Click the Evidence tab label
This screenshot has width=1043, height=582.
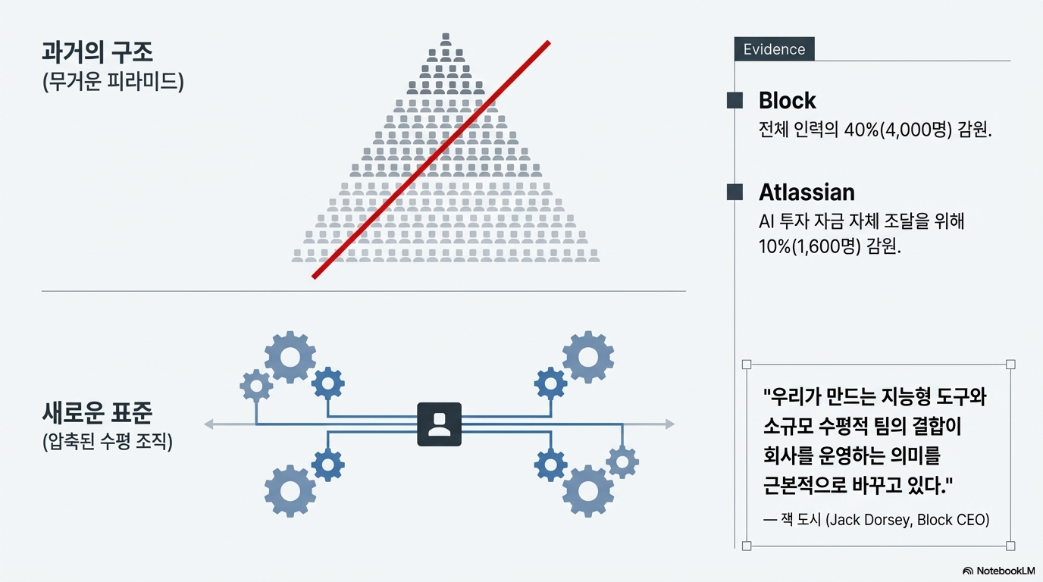774,49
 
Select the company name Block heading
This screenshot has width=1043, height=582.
788,101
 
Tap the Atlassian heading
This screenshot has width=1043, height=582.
807,192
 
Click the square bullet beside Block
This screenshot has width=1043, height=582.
734,100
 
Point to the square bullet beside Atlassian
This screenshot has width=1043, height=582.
734,192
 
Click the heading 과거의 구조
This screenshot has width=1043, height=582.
98,53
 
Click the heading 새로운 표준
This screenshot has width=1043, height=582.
98,414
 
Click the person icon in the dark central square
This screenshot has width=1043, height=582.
439,424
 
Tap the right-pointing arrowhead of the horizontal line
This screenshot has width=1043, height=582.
669,424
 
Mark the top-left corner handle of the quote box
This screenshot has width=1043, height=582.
747,365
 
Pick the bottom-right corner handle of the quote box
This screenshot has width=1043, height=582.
1010,546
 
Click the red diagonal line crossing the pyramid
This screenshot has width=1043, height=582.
431,160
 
